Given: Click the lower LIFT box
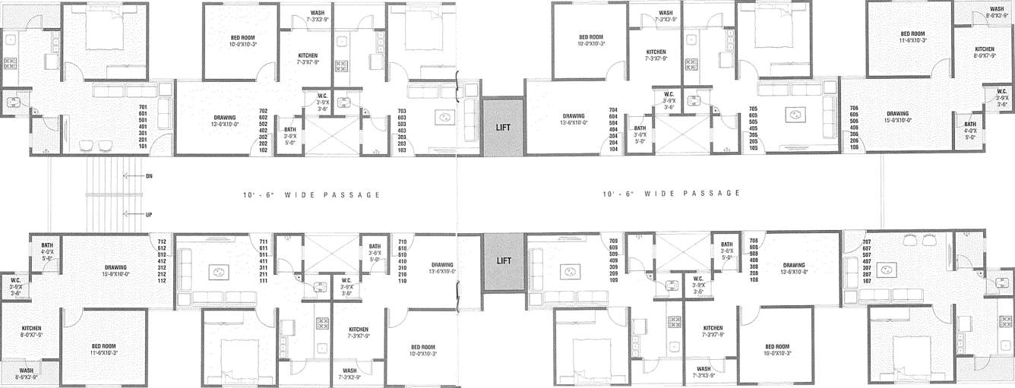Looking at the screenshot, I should (503, 261).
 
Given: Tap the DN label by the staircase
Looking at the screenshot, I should (149, 175).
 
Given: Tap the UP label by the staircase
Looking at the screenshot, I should (149, 214).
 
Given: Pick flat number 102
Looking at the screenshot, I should (263, 150).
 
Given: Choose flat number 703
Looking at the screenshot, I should (402, 112).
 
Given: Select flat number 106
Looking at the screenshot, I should (854, 147).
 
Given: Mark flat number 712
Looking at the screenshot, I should (162, 241).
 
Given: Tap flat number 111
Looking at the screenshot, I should (263, 281).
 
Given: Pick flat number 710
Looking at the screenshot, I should (402, 241).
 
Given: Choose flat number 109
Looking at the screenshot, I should (613, 281).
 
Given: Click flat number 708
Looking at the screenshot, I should (753, 241).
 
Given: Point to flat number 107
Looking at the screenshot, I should (866, 281).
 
